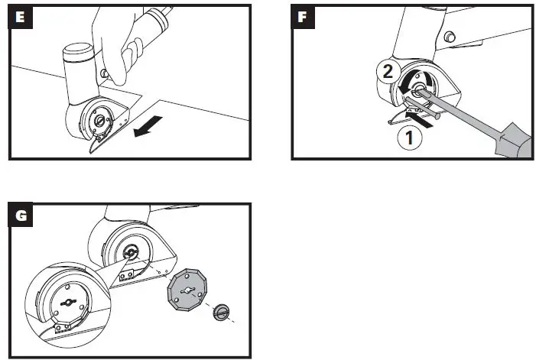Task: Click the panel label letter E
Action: pyautogui.click(x=18, y=18)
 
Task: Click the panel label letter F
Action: pyautogui.click(x=304, y=18)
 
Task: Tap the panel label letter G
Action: pyautogui.click(x=18, y=217)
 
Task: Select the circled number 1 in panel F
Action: pyautogui.click(x=410, y=138)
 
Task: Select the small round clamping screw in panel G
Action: pyautogui.click(x=221, y=311)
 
